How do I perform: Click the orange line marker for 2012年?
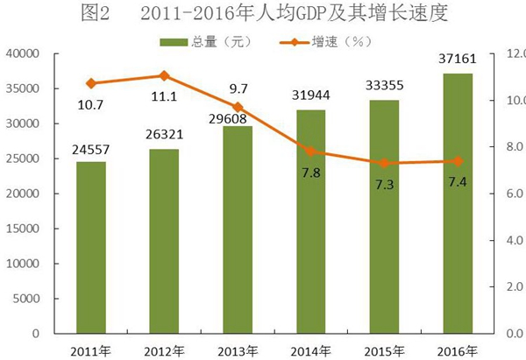[164, 76]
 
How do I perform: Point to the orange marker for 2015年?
[384, 163]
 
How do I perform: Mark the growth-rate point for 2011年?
[91, 83]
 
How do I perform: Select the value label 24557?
[90, 149]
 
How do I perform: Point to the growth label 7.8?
[309, 174]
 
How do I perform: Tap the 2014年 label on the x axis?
[310, 349]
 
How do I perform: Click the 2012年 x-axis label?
[164, 349]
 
